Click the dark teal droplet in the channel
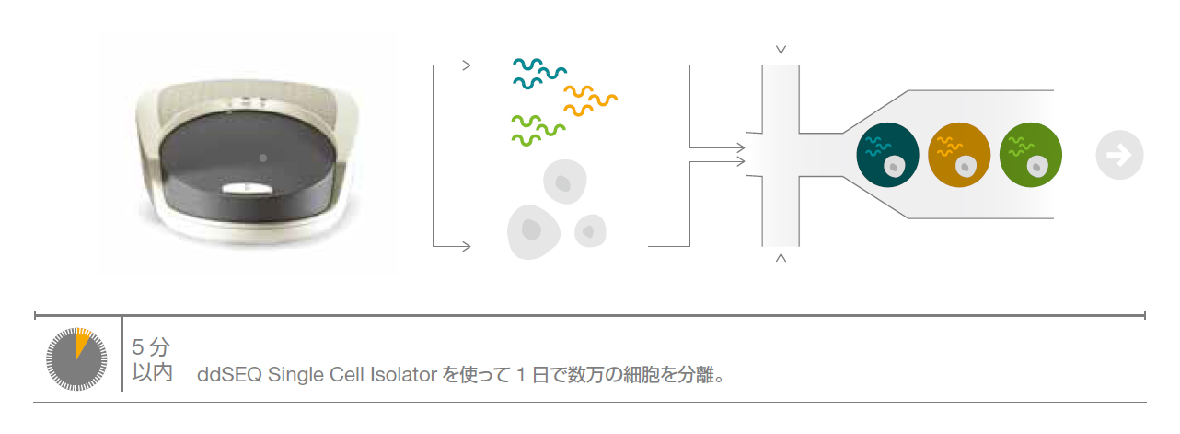click(887, 155)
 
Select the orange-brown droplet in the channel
click(959, 155)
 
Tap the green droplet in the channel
click(1030, 155)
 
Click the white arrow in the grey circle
click(1119, 155)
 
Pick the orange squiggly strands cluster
click(589, 100)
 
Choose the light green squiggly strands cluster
click(538, 129)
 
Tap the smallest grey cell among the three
click(590, 230)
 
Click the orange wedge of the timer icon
click(82, 342)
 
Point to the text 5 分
click(151, 347)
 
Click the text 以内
click(152, 375)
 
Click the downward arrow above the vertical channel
click(781, 43)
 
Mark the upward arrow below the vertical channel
click(781, 264)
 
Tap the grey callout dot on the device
click(263, 158)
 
